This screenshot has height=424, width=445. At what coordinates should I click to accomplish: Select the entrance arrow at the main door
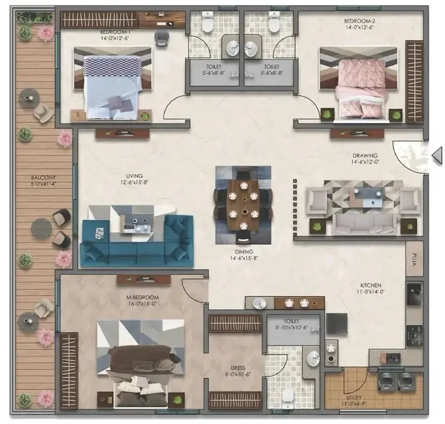pyautogui.click(x=436, y=154)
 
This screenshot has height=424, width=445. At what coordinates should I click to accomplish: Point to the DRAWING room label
pyautogui.click(x=364, y=156)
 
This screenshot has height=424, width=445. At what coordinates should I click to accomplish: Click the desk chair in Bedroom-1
pyautogui.click(x=161, y=38)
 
